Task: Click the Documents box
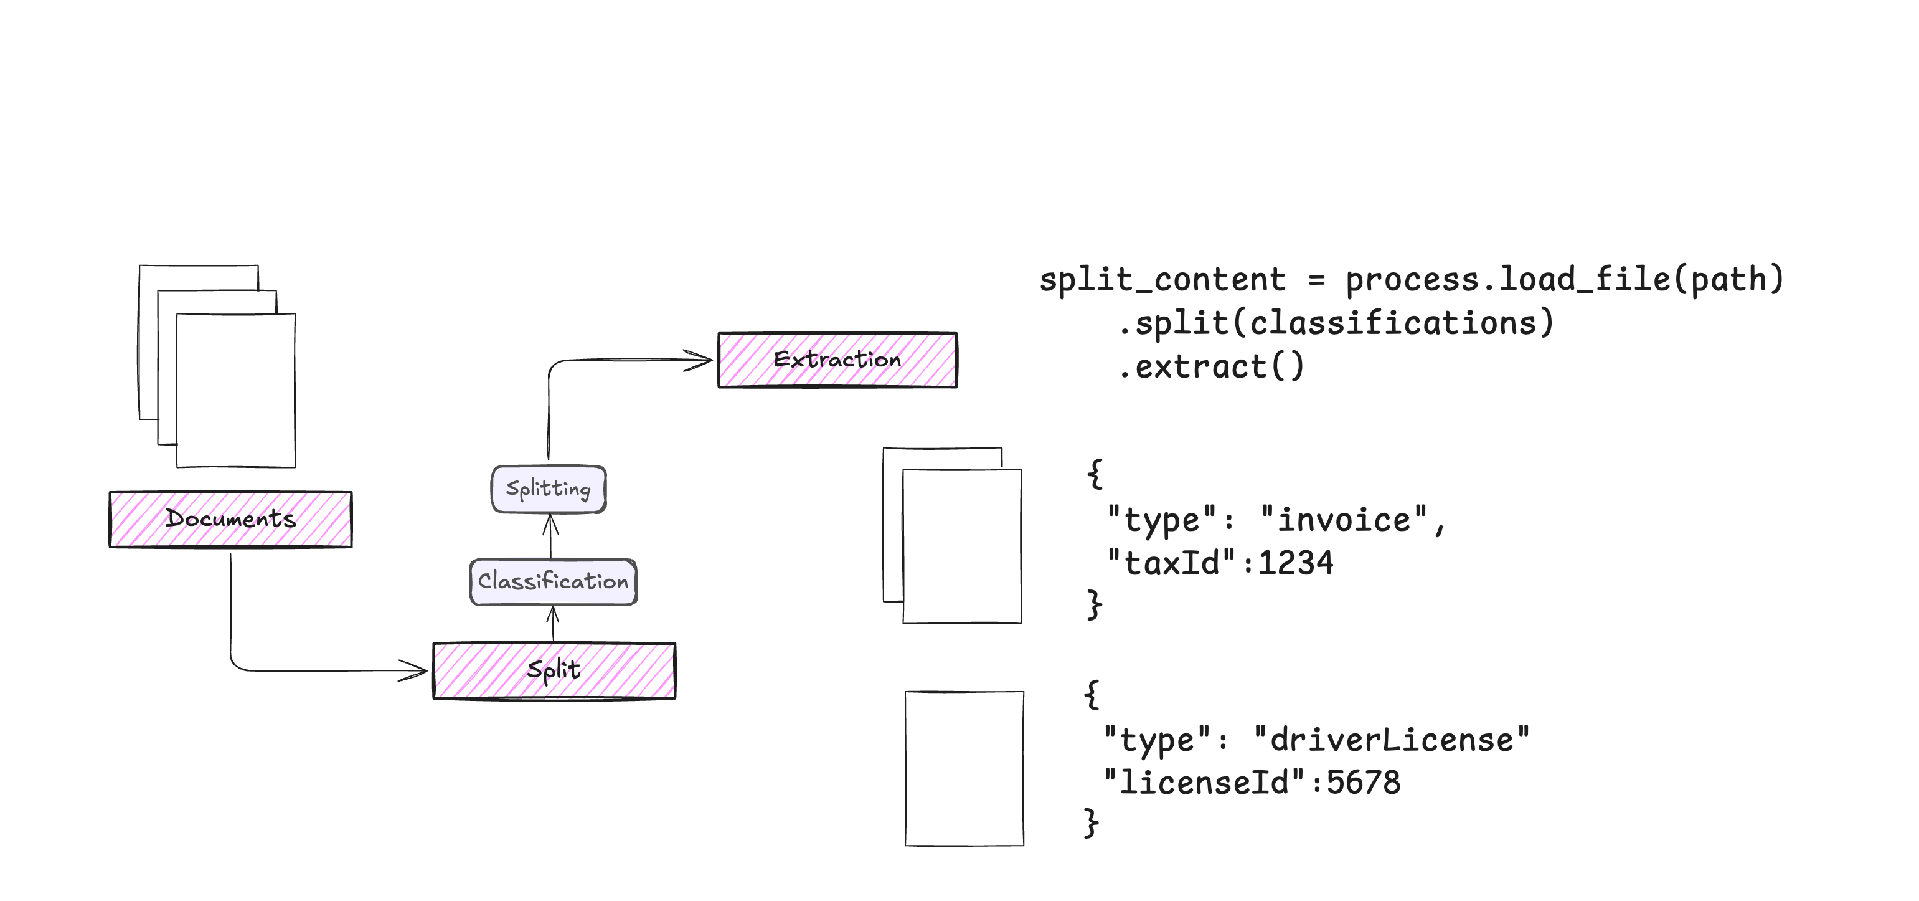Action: [230, 520]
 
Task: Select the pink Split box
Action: [554, 670]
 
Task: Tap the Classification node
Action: [553, 582]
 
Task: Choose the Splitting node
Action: [549, 490]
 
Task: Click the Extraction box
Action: [837, 360]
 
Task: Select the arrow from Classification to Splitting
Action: [550, 535]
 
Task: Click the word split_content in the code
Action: [1162, 280]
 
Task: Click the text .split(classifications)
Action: [1336, 323]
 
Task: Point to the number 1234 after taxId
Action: [1296, 563]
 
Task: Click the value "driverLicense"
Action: [1391, 740]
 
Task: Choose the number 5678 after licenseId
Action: [1363, 783]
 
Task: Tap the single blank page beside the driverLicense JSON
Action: [964, 768]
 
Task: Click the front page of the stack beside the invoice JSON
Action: [962, 546]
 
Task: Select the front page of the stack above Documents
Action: [235, 391]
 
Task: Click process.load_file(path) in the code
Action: [1564, 280]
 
